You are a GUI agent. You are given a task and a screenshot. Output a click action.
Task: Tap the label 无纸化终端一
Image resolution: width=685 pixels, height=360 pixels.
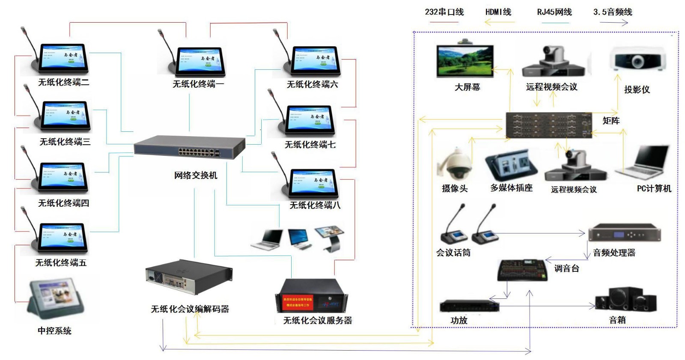coord(198,84)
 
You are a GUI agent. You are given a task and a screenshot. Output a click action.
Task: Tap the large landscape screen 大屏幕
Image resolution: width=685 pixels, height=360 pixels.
coord(465,61)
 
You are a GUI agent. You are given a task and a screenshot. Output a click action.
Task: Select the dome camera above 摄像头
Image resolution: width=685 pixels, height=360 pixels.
coord(455,165)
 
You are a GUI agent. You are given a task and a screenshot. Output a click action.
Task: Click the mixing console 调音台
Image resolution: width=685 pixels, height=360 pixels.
coord(523,270)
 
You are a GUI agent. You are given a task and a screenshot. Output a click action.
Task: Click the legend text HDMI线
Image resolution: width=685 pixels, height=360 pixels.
coord(498,12)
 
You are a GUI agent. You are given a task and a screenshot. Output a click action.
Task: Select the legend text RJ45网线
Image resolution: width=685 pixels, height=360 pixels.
coord(554,12)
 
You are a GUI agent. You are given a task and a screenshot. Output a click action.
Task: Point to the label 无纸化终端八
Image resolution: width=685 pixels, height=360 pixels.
coord(315,205)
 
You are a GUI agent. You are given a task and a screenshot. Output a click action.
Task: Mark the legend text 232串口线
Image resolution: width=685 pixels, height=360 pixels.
coord(444,12)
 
